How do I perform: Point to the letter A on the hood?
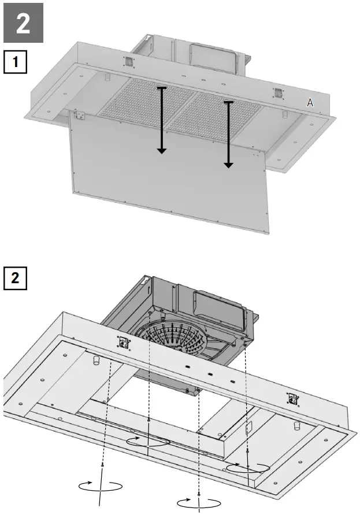310,103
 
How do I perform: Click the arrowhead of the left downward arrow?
162,150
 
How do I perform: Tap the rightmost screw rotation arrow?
247,467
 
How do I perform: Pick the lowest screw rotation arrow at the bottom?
199,502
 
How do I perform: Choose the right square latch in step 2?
294,398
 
